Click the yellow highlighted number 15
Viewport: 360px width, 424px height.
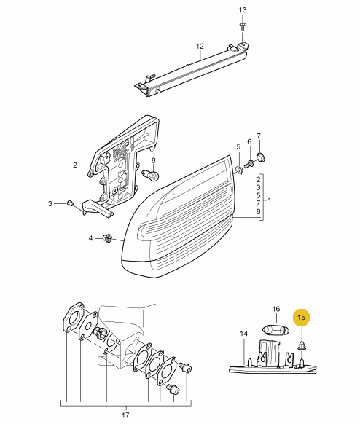tap(301, 317)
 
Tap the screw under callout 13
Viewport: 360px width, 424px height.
tap(243, 25)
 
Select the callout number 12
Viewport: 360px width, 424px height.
tap(200, 46)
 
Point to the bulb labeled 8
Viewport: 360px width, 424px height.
tap(151, 175)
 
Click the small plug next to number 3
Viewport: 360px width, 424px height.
tap(70, 203)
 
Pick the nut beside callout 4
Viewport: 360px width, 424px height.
tap(108, 237)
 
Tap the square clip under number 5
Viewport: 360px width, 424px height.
tap(238, 170)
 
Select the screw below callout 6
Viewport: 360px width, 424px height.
tap(249, 163)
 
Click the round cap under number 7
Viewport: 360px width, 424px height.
tap(261, 157)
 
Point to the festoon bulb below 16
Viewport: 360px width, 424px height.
tap(276, 330)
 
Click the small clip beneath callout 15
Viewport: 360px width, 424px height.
tap(301, 345)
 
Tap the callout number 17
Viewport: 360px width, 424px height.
tap(125, 415)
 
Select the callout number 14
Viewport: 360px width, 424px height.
tap(243, 334)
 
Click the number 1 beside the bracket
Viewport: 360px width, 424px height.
tap(269, 200)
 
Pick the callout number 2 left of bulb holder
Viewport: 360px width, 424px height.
tap(75, 165)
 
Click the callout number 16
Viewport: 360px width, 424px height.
tap(276, 309)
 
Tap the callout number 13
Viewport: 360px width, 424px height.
tap(243, 10)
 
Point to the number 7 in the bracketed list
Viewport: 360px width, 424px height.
tap(258, 203)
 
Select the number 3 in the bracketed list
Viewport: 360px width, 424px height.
tap(258, 187)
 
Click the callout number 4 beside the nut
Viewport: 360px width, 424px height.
tap(90, 238)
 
